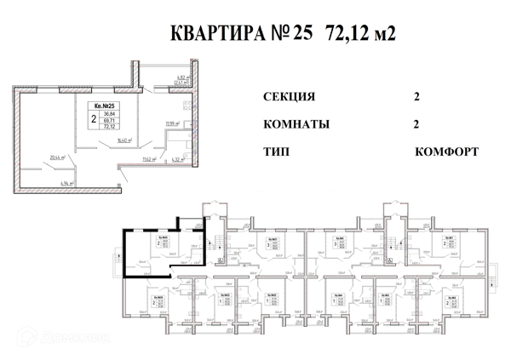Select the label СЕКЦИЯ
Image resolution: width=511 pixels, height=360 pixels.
pyautogui.click(x=290, y=96)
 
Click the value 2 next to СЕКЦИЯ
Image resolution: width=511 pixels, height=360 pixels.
pyautogui.click(x=416, y=96)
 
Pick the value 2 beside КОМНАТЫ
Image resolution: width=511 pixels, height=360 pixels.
pyautogui.click(x=416, y=124)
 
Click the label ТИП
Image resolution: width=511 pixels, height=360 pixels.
pyautogui.click(x=277, y=152)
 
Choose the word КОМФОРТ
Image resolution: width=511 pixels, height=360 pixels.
pyautogui.click(x=446, y=152)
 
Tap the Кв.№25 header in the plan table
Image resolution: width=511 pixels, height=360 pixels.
pyautogui.click(x=100, y=105)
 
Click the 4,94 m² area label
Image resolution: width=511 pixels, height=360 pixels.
pyautogui.click(x=66, y=182)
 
